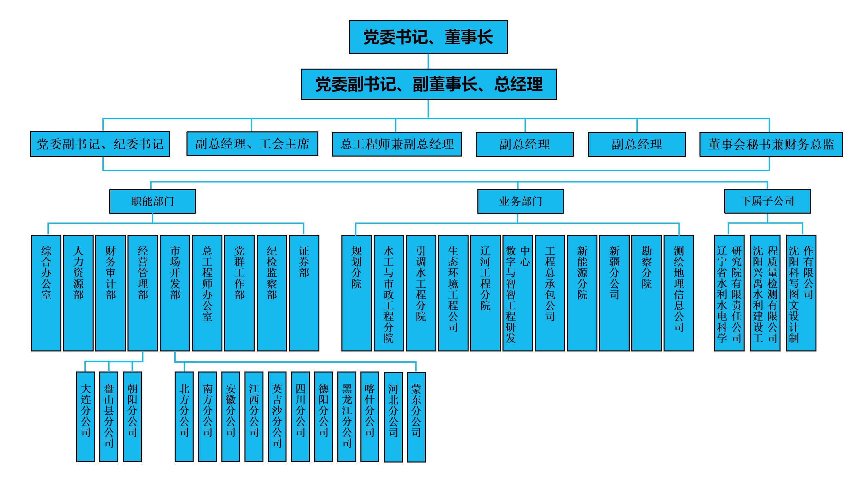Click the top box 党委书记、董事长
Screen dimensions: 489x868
pos(428,37)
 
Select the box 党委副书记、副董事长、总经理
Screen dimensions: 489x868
pos(429,84)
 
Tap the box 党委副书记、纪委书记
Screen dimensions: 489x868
pos(100,144)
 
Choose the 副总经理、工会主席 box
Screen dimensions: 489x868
pos(252,144)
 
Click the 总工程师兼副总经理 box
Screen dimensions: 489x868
pos(397,144)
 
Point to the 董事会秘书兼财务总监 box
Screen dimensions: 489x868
pos(771,144)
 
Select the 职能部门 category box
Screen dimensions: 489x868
pos(152,201)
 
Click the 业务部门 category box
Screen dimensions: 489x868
pos(520,201)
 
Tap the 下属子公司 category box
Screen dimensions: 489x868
pos(767,201)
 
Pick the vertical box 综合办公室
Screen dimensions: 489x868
pos(46,293)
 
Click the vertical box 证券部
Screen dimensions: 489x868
pos(304,293)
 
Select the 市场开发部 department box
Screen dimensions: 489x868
pos(175,293)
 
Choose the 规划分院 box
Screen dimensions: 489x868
pos(356,293)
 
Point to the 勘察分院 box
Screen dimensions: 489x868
pos(647,293)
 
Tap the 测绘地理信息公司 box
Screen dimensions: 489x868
pos(679,293)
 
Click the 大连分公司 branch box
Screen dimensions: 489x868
pos(85,417)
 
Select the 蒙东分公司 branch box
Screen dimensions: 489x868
pos(416,417)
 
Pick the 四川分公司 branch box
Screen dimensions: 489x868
pos(300,417)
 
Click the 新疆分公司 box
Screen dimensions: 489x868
pos(614,293)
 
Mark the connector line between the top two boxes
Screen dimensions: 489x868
pos(428,61)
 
